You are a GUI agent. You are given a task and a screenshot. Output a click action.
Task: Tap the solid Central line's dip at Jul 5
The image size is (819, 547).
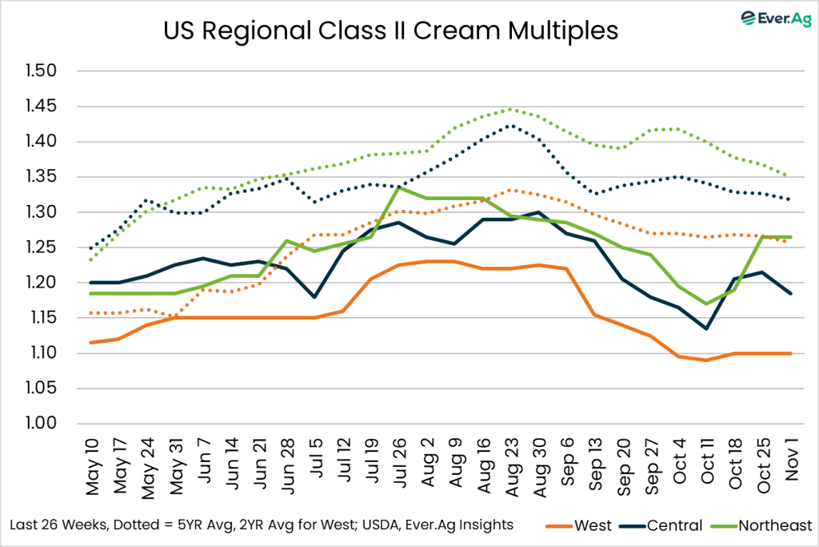click(x=314, y=297)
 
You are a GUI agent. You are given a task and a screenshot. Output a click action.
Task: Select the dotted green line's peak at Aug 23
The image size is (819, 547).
click(x=511, y=110)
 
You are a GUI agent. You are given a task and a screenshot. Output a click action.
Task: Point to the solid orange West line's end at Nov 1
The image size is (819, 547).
click(x=791, y=353)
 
